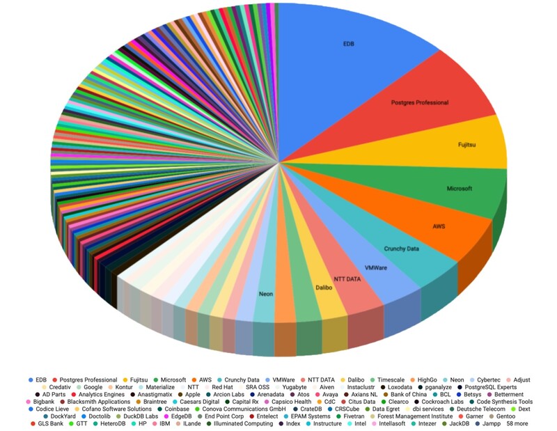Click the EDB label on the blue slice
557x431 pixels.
(348, 43)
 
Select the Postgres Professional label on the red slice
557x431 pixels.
(420, 102)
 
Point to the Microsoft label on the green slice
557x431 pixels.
(460, 189)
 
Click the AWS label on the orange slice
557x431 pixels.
(439, 226)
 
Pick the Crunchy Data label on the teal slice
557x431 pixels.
(402, 249)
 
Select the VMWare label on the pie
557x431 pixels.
(377, 267)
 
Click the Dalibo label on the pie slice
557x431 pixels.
(324, 287)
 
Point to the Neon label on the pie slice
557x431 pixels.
(266, 294)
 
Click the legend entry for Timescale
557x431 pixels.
(382, 380)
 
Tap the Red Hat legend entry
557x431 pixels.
(222, 387)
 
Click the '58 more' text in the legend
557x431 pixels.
(521, 423)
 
